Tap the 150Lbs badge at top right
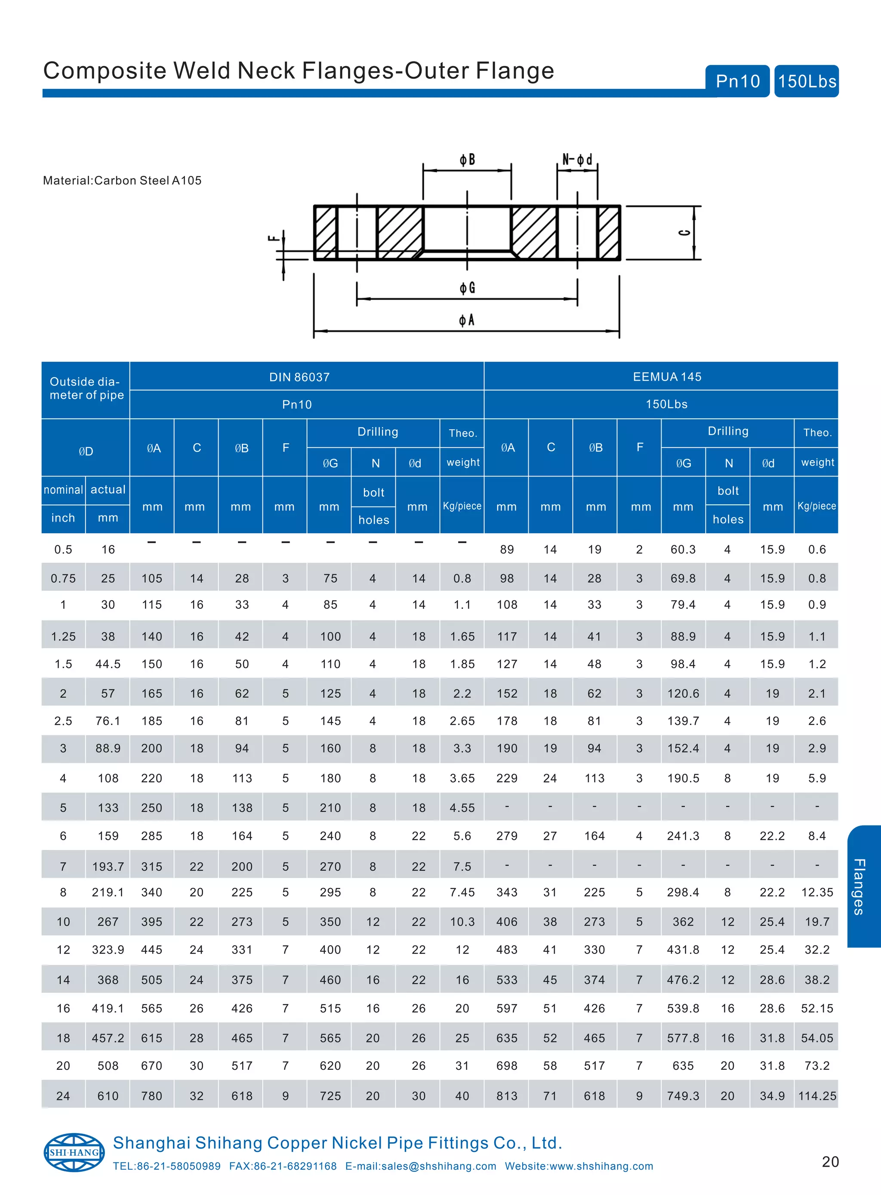[x=806, y=81]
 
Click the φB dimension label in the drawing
[x=467, y=160]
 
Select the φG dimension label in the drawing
[x=467, y=289]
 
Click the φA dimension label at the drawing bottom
[x=467, y=320]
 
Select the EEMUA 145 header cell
[x=667, y=377]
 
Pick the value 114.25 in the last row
[x=816, y=1096]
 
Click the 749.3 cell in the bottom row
[x=683, y=1096]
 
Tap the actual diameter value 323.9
[x=108, y=950]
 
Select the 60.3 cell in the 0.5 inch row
[x=683, y=550]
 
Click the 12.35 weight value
[x=816, y=892]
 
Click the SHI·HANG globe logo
[x=74, y=1152]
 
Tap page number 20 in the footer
[x=830, y=1162]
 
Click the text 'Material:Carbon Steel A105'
[x=122, y=181]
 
